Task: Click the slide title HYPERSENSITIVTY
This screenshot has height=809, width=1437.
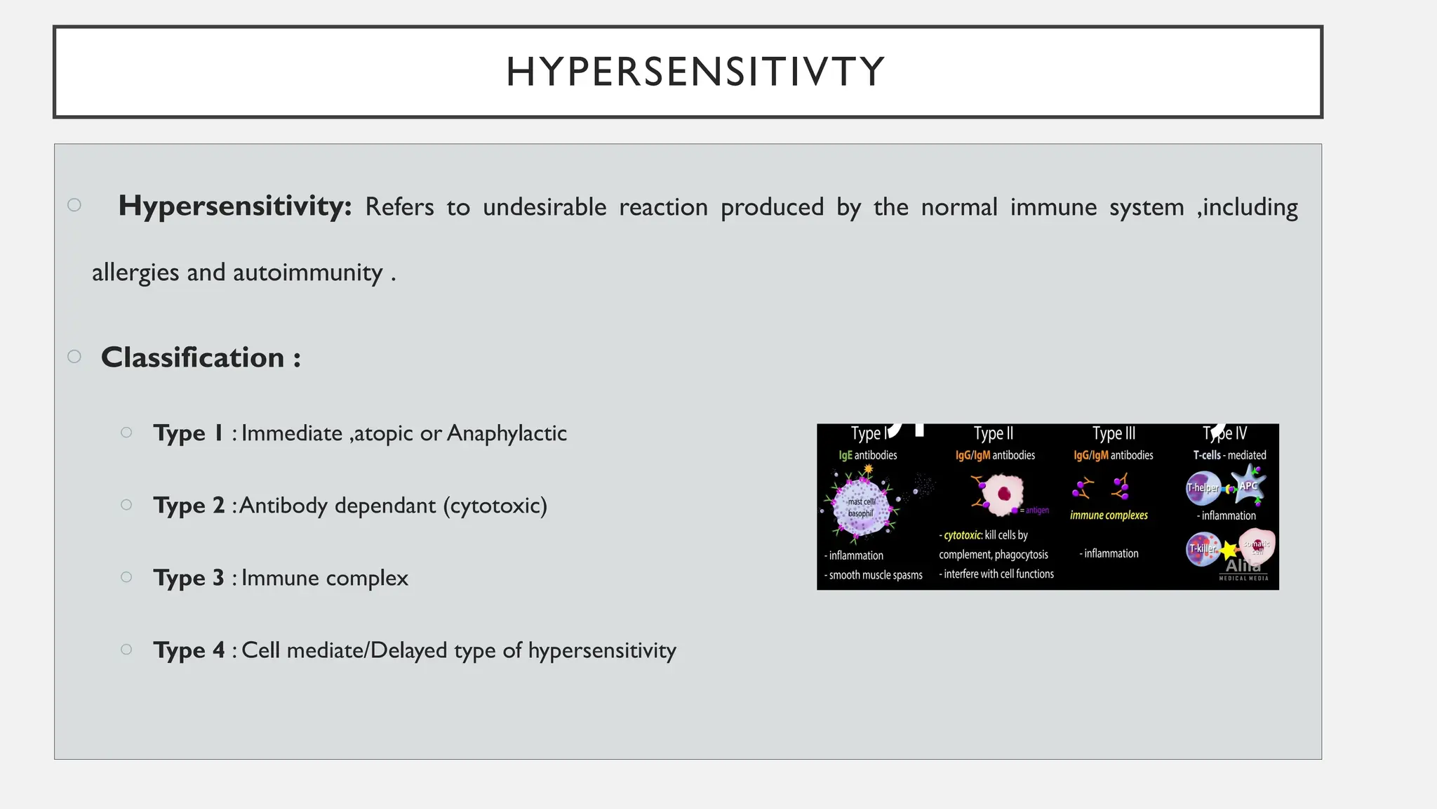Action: [695, 72]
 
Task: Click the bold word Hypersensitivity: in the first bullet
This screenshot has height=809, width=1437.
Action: [234, 206]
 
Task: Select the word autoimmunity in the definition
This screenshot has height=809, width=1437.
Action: [307, 272]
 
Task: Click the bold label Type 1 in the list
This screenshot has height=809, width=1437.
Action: [188, 433]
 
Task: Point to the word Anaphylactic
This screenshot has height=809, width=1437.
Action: [507, 433]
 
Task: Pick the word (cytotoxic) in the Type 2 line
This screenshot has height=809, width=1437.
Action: [495, 505]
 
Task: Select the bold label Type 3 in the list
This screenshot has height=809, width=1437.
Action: [188, 577]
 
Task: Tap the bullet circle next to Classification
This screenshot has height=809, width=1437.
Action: [74, 357]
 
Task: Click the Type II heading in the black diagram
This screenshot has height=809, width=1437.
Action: [993, 433]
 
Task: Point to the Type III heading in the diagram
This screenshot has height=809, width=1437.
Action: [1114, 433]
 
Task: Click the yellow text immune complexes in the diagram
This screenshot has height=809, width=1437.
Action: [1109, 515]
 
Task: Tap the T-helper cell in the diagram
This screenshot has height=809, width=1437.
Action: [1203, 487]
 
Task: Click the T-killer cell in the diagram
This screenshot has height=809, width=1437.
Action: [1202, 548]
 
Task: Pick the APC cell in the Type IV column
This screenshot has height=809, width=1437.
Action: [1249, 485]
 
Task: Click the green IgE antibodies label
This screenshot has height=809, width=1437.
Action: [868, 455]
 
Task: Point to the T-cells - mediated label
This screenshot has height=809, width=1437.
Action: [1229, 455]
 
